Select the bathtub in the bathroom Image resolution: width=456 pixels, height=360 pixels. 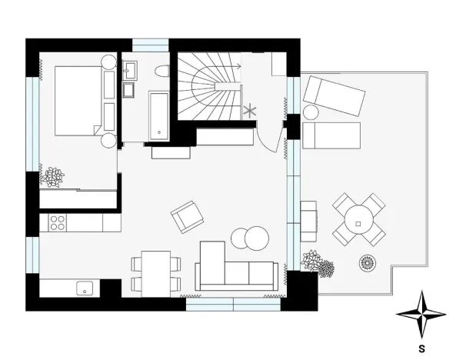click(159, 115)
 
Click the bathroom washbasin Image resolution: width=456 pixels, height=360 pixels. click(130, 71)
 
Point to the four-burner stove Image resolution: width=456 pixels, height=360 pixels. click(57, 222)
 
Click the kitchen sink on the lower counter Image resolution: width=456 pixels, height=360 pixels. click(84, 289)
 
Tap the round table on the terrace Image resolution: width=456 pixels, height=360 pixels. click(359, 219)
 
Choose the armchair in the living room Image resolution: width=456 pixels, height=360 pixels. click(188, 216)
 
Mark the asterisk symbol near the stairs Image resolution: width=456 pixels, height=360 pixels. click(250, 112)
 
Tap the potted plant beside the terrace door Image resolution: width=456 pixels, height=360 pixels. click(318, 264)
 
